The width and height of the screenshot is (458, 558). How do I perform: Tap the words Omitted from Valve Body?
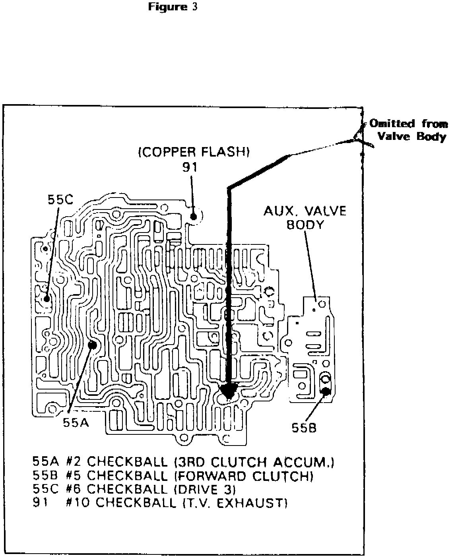pyautogui.click(x=409, y=130)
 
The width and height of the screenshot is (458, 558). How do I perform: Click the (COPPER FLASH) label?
pyautogui.click(x=194, y=153)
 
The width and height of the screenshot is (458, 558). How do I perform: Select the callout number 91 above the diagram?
pyautogui.click(x=190, y=167)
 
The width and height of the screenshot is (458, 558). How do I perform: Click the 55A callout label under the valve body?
pyautogui.click(x=76, y=423)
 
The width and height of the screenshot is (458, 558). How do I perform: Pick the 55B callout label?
pyautogui.click(x=304, y=428)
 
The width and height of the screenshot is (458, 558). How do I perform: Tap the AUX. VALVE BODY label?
pyautogui.click(x=305, y=217)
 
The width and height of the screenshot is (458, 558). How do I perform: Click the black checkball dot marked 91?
pyautogui.click(x=194, y=217)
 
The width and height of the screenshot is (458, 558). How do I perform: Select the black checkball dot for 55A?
pyautogui.click(x=93, y=345)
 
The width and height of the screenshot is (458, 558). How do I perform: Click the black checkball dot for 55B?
pyautogui.click(x=326, y=391)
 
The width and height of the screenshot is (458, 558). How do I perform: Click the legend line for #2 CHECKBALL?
pyautogui.click(x=183, y=462)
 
